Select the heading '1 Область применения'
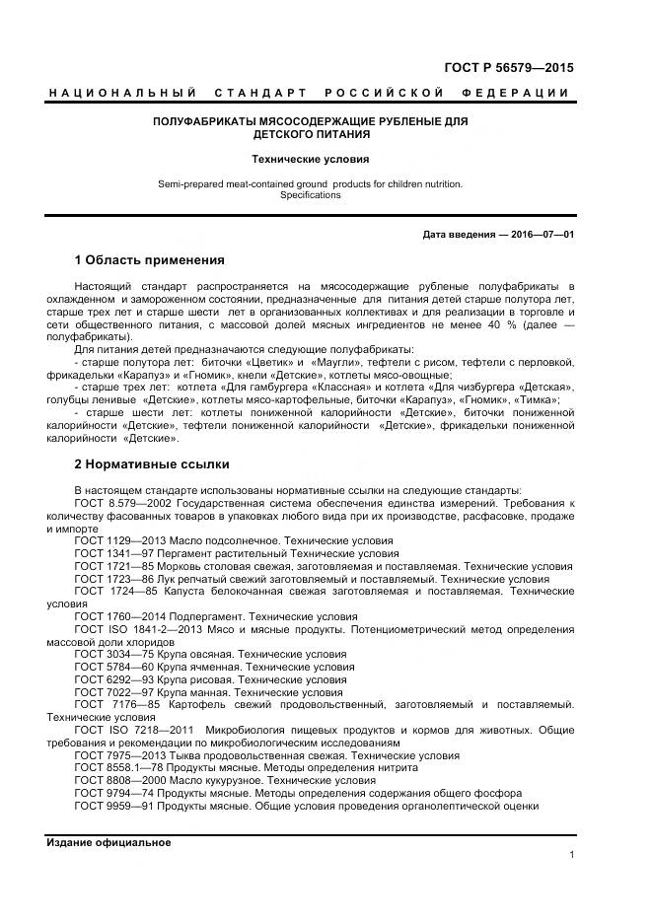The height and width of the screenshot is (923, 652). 149,261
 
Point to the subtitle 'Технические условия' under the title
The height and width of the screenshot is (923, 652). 310,158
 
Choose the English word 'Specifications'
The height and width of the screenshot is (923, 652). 310,195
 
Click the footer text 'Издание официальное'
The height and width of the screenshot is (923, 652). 109,843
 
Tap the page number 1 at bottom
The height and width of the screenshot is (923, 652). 571,855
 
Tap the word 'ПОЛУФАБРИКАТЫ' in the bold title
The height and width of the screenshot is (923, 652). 204,121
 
